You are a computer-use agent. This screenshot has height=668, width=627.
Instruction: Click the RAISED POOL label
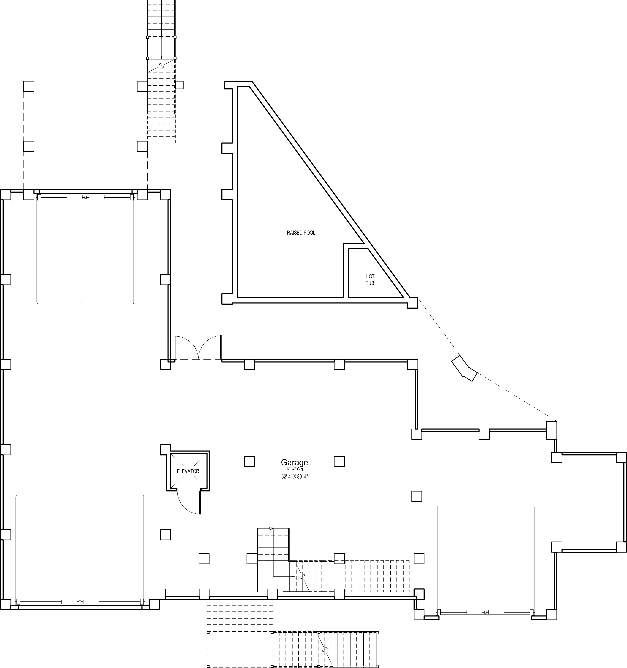coord(301,233)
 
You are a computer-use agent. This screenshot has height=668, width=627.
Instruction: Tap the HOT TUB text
coord(370,280)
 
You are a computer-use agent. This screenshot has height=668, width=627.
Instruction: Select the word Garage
coord(295,463)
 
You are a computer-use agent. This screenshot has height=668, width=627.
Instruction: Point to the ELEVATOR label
coord(188,471)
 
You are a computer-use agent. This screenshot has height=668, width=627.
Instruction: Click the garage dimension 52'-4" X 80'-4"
coord(295,476)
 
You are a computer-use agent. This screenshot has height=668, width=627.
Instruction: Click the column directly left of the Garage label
coord(249,461)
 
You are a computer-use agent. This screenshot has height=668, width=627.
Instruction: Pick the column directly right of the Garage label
coord(339,461)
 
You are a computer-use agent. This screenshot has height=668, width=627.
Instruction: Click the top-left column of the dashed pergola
coord(29,86)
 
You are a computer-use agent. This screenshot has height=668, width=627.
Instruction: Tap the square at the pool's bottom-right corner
coord(413,303)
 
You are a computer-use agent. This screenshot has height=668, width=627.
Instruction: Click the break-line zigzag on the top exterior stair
coord(161,66)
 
